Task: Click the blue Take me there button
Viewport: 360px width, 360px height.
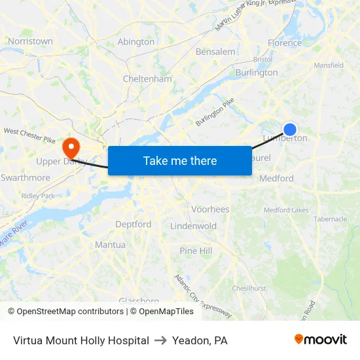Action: tap(179, 160)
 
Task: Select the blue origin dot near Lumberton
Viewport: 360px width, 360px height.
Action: tap(289, 130)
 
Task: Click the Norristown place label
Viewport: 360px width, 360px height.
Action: tap(30, 41)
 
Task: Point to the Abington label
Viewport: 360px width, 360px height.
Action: tap(136, 42)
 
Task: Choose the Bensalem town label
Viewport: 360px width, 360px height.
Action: tap(215, 52)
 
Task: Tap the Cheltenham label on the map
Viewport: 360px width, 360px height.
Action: tap(147, 79)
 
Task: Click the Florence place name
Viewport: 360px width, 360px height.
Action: tap(285, 43)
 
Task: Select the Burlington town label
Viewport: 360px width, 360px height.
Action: tap(257, 73)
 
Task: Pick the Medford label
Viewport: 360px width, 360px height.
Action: tap(276, 178)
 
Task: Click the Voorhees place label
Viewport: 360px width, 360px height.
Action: tap(210, 209)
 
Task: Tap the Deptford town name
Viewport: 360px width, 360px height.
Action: tap(133, 224)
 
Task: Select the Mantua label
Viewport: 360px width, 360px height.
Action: tap(110, 245)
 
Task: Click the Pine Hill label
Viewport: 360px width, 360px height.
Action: tap(196, 251)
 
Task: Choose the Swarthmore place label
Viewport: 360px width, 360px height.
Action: tap(26, 177)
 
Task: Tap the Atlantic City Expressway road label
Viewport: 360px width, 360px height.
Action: tap(203, 296)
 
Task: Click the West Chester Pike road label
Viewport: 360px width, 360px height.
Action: tap(29, 135)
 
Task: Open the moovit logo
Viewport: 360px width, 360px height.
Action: tap(320, 340)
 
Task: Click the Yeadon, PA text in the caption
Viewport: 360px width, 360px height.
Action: tap(200, 340)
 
